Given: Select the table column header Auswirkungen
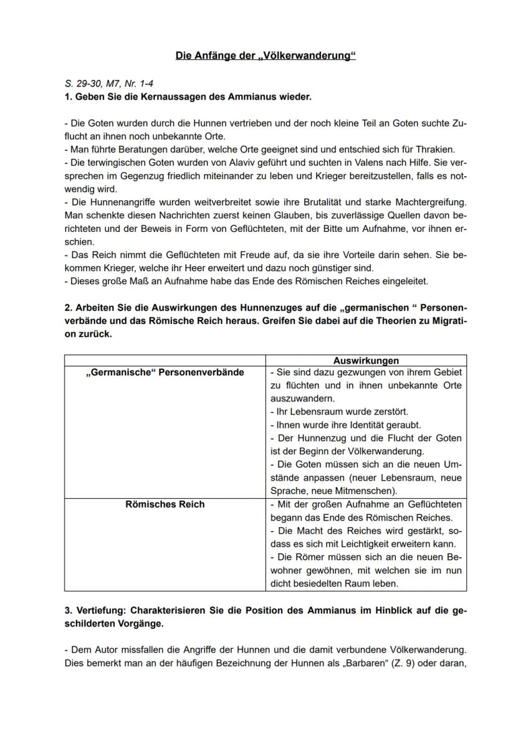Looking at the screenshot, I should tap(366, 360).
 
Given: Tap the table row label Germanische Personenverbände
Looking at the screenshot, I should tap(165, 372).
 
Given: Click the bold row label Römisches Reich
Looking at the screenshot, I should tap(165, 504).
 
